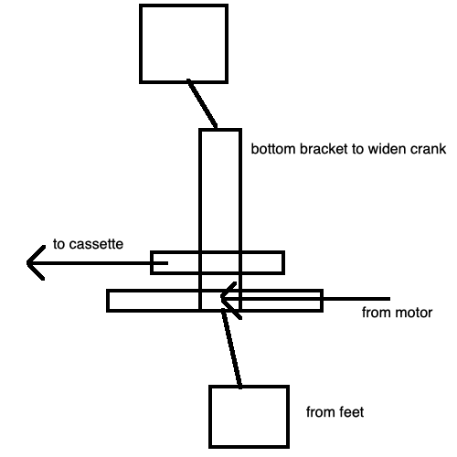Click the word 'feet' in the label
pyautogui.click(x=352, y=412)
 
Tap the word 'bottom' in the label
pyautogui.click(x=274, y=149)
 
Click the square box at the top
pyautogui.click(x=184, y=5)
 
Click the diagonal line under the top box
pyautogui.click(x=202, y=103)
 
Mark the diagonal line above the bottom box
pyautogui.click(x=231, y=348)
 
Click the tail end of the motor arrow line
pyautogui.click(x=390, y=299)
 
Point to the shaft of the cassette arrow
pyautogui.click(x=98, y=263)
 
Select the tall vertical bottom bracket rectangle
pyautogui.click(x=200, y=219)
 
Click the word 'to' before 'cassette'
pyautogui.click(x=59, y=244)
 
